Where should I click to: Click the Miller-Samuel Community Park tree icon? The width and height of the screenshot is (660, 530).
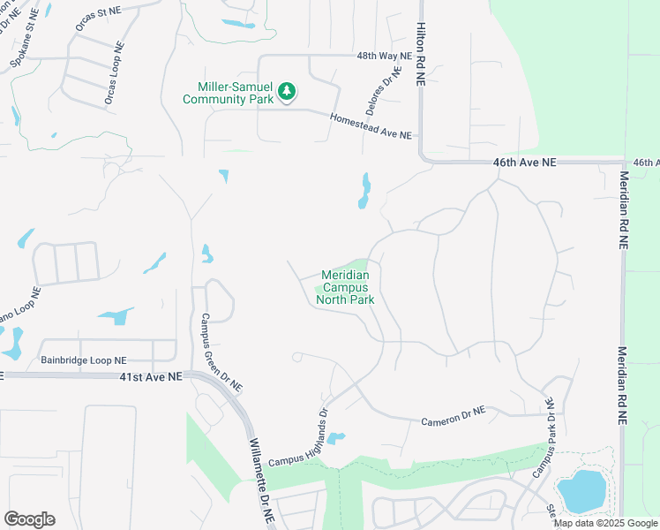coord(286,90)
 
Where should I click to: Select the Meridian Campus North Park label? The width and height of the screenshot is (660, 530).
coord(345,287)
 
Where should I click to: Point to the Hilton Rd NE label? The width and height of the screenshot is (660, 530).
coord(421,53)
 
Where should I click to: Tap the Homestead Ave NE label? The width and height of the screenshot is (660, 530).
coord(371,125)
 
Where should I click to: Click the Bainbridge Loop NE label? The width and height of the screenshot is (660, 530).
coord(84,360)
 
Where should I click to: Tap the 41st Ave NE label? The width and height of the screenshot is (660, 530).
coord(151,376)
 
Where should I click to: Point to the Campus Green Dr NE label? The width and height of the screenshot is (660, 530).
coord(221,353)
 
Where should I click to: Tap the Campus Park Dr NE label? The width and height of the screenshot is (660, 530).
coord(544,438)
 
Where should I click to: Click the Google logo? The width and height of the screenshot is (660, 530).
coord(29,519)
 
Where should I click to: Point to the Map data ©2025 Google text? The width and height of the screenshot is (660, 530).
coord(606,523)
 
